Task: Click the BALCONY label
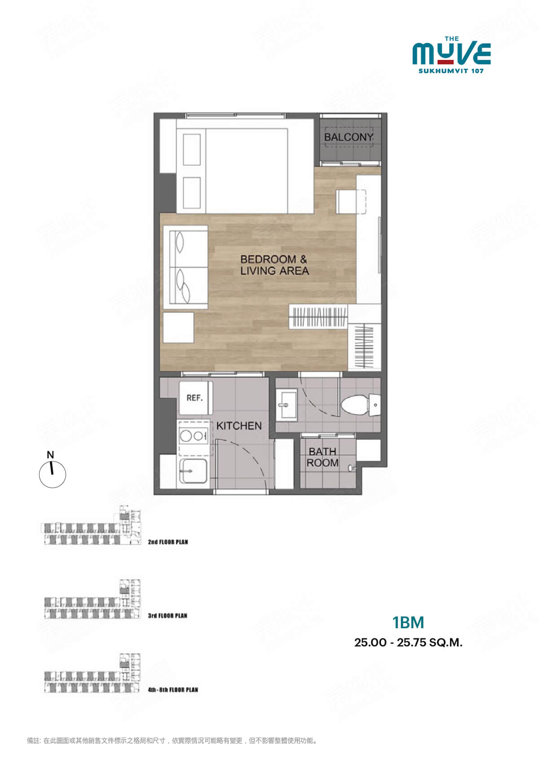349,137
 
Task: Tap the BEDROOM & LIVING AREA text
274,265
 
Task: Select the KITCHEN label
239,425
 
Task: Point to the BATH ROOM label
322,457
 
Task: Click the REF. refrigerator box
194,398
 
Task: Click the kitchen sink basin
194,471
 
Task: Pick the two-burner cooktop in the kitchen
194,436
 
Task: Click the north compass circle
52,474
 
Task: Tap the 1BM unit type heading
408,622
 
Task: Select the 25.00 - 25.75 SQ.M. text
408,642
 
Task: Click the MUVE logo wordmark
451,53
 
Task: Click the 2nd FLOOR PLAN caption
168,542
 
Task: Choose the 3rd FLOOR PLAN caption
168,616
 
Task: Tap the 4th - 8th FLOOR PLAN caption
173,690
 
